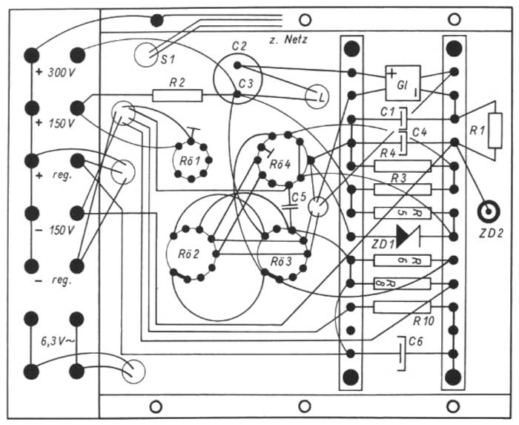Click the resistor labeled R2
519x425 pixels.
[177, 95]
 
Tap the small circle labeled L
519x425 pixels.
[320, 96]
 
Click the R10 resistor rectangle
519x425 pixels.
[402, 307]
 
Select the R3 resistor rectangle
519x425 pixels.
[402, 189]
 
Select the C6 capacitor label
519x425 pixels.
[417, 343]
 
